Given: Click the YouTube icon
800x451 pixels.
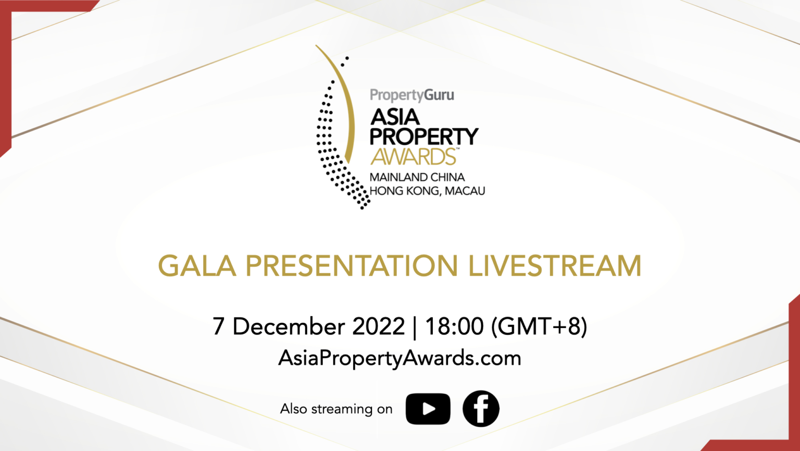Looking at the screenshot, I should pos(428,409).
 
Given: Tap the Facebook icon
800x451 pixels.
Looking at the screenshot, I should pos(481,409).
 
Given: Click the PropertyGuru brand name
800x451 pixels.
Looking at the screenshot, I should pos(411,95).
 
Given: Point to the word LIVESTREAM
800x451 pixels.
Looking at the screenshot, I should pos(554,266).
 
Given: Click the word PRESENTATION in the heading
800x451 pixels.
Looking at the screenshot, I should pos(352,266).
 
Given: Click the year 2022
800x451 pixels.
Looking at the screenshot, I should pos(379,327).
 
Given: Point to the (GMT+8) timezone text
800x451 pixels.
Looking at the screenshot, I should pos(539,327).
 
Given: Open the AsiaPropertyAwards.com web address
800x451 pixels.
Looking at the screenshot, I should pos(399,358).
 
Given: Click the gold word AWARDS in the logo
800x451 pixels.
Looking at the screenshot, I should pos(413,157).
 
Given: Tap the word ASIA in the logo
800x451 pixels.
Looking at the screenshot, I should pos(395,117).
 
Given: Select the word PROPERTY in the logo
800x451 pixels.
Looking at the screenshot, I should pos(423,137).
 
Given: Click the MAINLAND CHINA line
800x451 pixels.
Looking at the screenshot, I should pos(417,177).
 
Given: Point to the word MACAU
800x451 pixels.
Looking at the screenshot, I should pos(465,191).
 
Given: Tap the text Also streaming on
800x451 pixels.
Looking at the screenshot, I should pos(336,409).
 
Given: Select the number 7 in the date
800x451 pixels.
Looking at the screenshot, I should pos(218,327).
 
